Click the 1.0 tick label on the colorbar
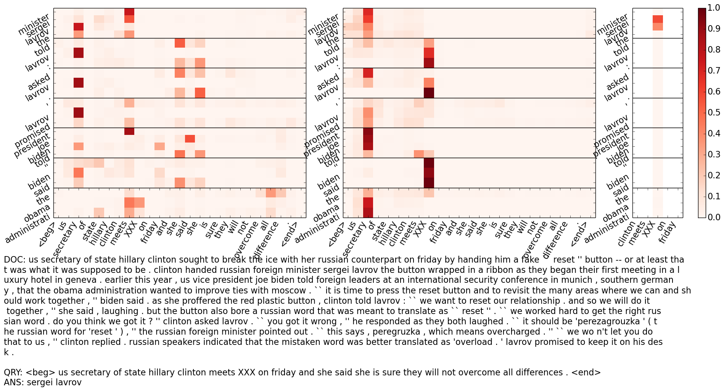[714, 8]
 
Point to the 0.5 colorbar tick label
[714, 112]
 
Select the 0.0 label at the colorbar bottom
[714, 217]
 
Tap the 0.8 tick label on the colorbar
[714, 50]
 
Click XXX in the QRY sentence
[246, 373]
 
